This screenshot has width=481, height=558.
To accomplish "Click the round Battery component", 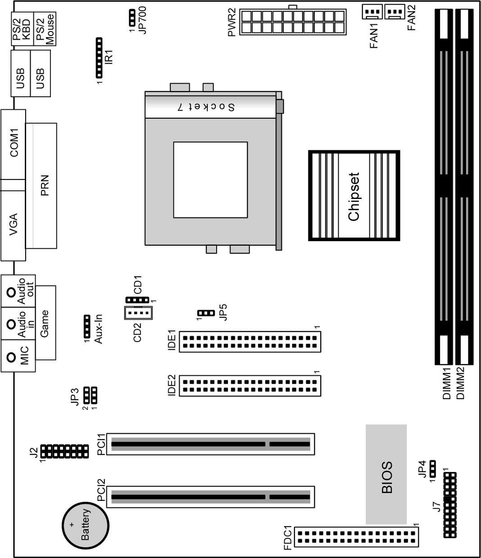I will pos(85,525).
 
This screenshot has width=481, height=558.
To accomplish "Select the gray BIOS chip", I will pos(386,474).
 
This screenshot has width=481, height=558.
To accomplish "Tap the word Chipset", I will pos(354,197).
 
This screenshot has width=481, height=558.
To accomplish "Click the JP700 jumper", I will pos(132,18).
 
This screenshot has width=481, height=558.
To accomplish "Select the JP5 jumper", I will pos(205,313).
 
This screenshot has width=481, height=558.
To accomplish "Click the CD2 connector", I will pos(138,312).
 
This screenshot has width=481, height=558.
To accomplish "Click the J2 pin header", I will pos(64,451).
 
